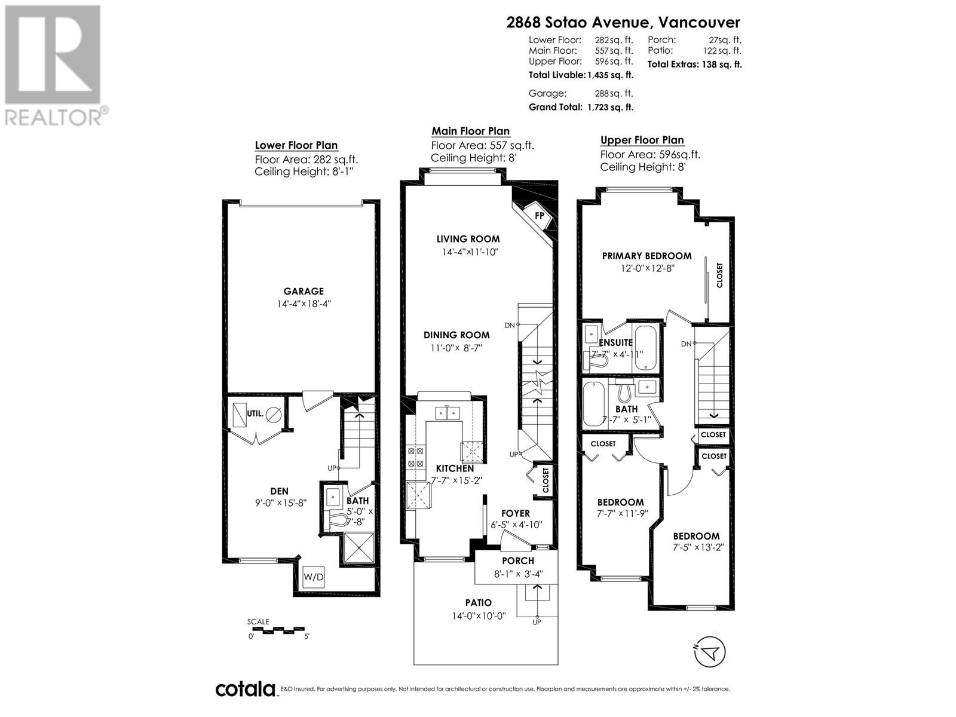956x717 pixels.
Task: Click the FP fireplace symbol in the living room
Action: (539, 216)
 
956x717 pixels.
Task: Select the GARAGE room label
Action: (304, 292)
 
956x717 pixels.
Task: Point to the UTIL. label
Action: (255, 413)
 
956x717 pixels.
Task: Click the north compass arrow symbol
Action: (710, 652)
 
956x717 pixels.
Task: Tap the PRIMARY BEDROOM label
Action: (646, 256)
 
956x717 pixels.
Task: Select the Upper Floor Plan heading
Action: (642, 140)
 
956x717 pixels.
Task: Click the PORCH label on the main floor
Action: (518, 561)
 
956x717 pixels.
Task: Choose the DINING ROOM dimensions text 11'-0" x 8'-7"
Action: (456, 348)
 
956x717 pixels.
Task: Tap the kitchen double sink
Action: (447, 413)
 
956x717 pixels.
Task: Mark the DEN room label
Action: (279, 491)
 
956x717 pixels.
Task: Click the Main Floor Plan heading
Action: (471, 131)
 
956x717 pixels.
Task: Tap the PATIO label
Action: (479, 603)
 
